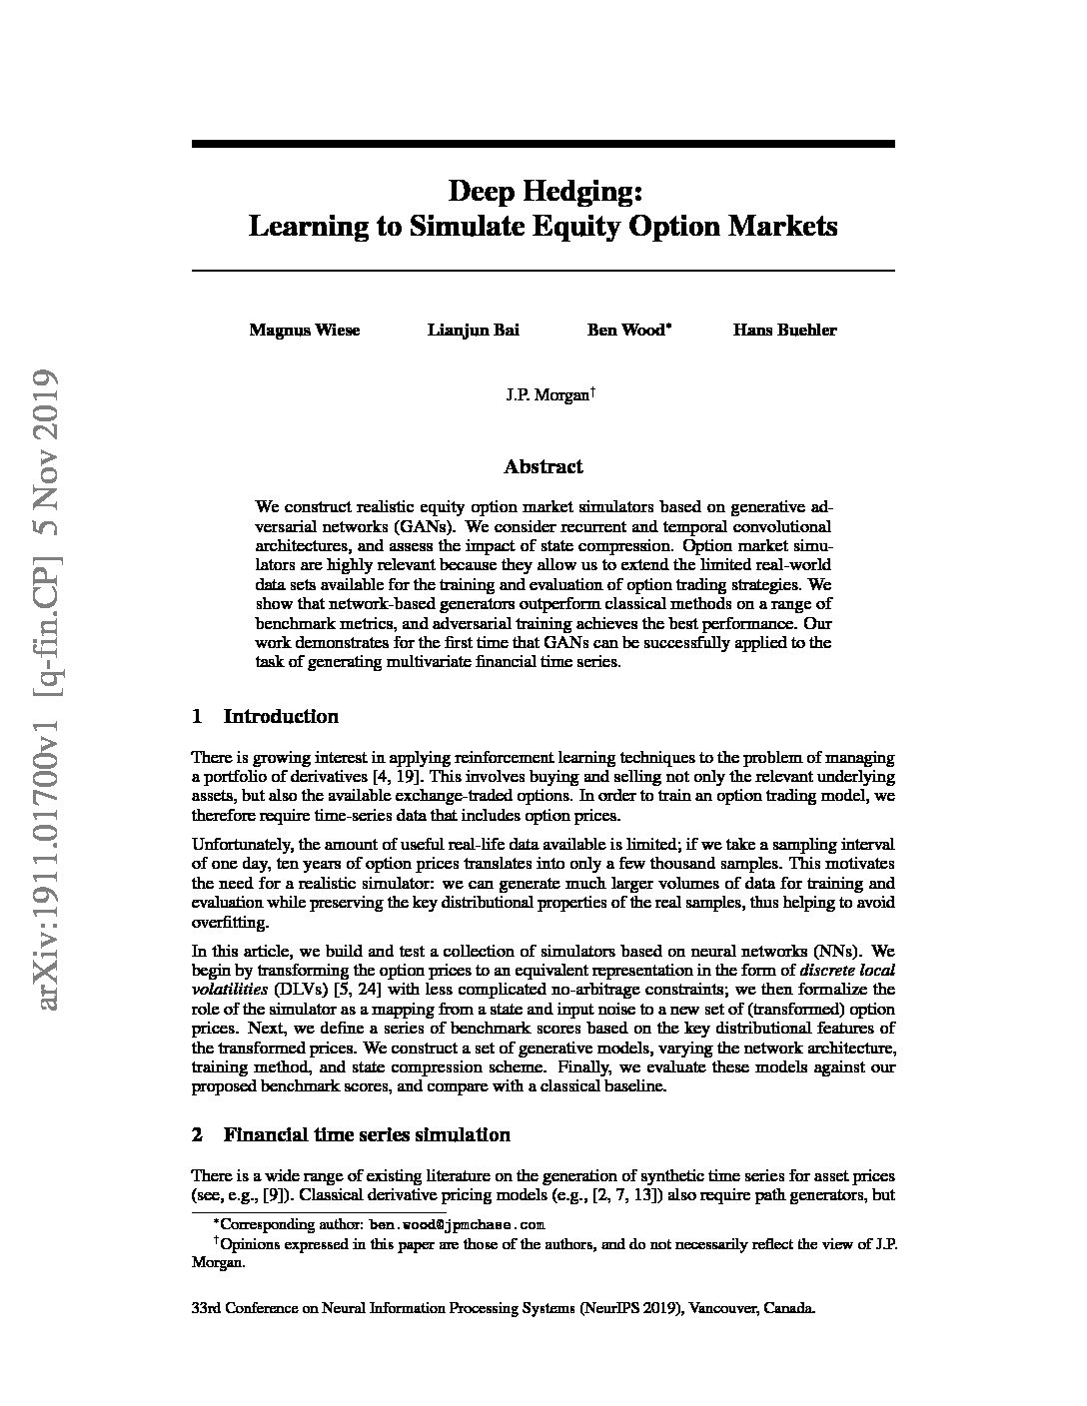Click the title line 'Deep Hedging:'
543,190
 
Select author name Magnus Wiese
305,331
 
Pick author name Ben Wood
625,331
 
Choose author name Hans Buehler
784,331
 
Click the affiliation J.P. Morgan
546,395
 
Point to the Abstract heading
543,466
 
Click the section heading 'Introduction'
281,716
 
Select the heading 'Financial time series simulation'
367,1134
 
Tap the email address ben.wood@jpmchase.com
457,1224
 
